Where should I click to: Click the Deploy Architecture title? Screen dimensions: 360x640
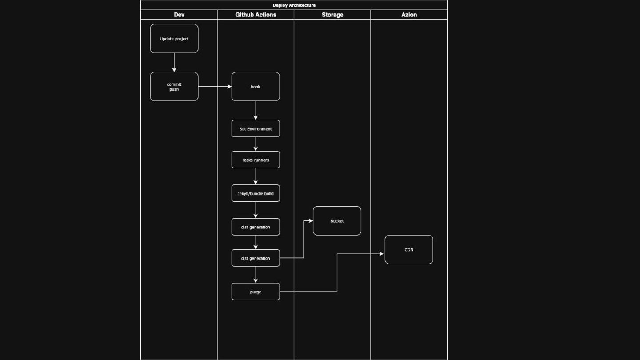click(x=294, y=5)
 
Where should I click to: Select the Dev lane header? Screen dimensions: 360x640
click(x=179, y=15)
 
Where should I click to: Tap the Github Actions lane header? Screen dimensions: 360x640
click(x=256, y=15)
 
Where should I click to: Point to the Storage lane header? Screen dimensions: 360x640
click(x=332, y=15)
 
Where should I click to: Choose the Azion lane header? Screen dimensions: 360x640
click(x=409, y=15)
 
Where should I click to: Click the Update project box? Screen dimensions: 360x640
click(x=174, y=39)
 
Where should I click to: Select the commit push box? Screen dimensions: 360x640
click(x=174, y=87)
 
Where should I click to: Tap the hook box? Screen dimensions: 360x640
click(x=256, y=87)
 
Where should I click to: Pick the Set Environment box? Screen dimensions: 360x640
click(x=256, y=129)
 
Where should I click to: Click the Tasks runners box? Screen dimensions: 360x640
click(x=256, y=160)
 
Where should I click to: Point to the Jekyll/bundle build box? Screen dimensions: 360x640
click(x=256, y=193)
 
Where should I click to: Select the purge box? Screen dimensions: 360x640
click(x=256, y=292)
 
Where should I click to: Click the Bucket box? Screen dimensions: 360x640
click(x=337, y=221)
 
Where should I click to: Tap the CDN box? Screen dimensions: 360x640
click(x=409, y=250)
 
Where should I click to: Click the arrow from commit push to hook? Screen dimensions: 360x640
click(x=215, y=87)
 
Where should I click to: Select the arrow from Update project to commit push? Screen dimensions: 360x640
click(x=174, y=62)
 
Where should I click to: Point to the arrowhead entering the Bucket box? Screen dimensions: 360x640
click(x=311, y=221)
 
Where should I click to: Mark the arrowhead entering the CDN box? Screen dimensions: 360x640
click(x=381, y=254)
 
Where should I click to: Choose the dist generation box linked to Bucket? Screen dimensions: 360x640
click(x=256, y=258)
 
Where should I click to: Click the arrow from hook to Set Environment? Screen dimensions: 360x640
click(x=256, y=110)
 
